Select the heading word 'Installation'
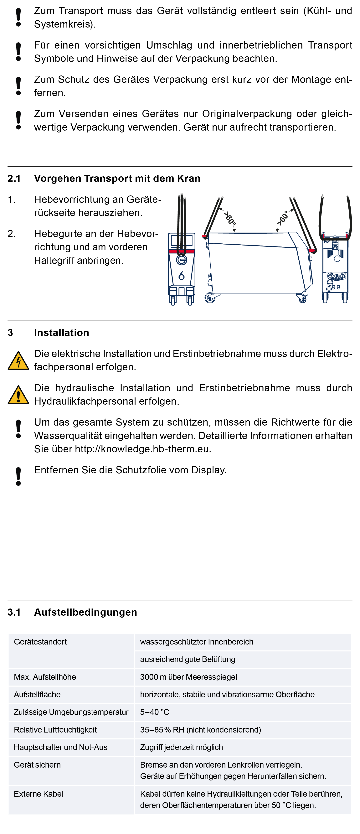[62, 333]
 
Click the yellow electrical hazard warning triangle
[18, 361]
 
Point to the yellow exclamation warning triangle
[18, 395]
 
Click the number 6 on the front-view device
[181, 276]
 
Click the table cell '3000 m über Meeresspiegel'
[188, 677]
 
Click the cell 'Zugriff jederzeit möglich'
[181, 747]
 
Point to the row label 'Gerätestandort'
[40, 642]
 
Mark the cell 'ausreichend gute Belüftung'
[188, 659]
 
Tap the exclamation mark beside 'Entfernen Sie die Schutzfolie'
[18, 476]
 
